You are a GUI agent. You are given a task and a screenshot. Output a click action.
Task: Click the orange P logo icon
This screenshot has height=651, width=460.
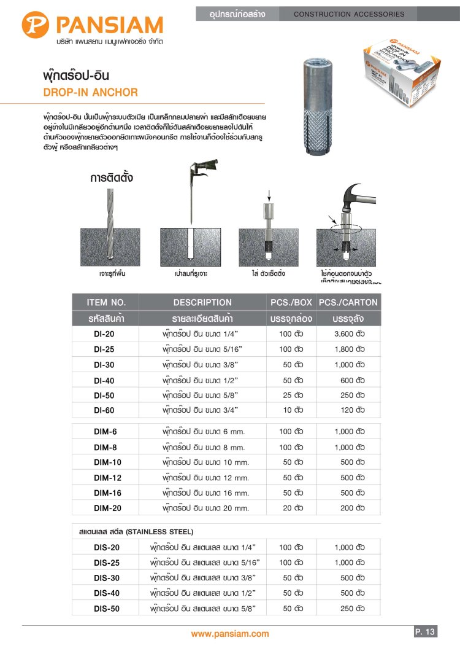tap(36, 25)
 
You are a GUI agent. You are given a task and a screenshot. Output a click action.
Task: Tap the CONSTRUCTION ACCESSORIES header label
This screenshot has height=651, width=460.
tap(350, 14)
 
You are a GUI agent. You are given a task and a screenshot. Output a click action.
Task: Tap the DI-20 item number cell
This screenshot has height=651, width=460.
tap(104, 334)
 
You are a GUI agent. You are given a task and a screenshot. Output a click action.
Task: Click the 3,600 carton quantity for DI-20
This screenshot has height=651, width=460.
tap(350, 334)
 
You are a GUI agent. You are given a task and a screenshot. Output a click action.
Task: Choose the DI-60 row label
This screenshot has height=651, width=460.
tap(104, 410)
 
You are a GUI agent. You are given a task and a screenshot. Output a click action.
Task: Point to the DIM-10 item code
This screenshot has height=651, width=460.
tap(108, 462)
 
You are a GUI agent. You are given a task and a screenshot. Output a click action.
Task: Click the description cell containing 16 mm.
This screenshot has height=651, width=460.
tap(206, 493)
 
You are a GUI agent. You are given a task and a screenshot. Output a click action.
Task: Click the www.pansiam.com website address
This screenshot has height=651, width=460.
tap(230, 634)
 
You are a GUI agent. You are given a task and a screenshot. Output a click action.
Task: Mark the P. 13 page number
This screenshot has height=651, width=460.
tap(424, 631)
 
